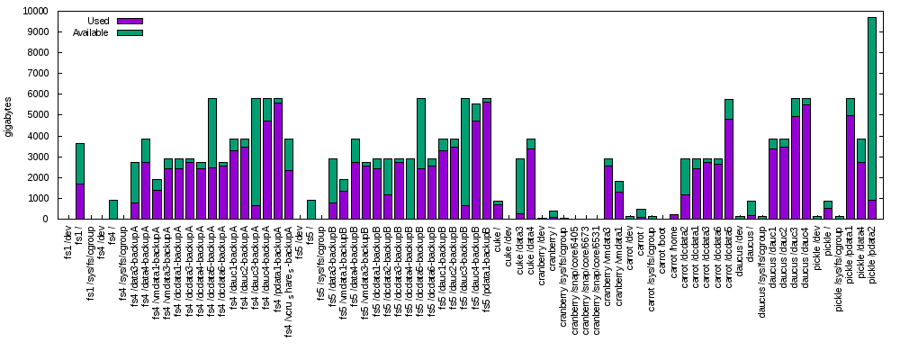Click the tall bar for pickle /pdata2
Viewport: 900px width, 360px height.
coord(871,117)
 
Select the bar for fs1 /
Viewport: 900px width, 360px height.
coord(79,180)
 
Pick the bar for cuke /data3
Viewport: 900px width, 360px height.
coord(519,188)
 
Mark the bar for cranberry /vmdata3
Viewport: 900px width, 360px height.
coord(607,189)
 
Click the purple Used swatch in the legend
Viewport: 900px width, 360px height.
coord(130,21)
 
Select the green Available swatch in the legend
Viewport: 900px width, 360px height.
coord(130,32)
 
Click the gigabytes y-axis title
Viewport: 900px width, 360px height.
coord(9,115)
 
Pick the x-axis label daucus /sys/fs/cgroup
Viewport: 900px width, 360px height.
coord(761,270)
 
